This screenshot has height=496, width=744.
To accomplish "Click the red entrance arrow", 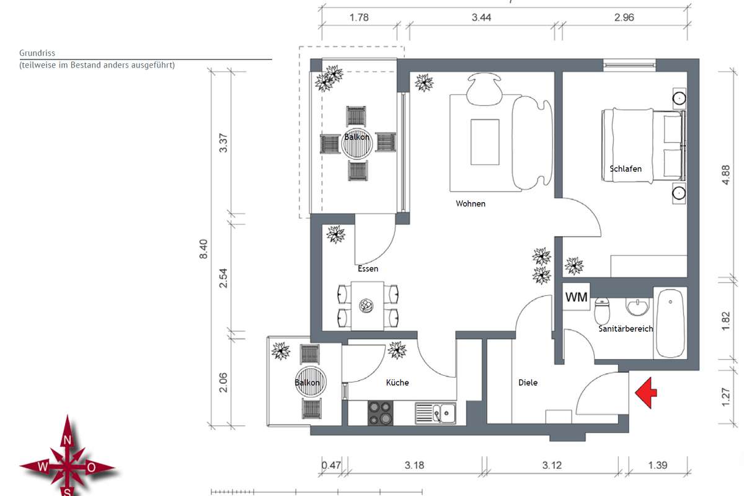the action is [646, 392].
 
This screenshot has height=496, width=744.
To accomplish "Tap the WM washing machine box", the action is [576, 296].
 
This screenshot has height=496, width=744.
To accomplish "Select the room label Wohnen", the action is [471, 203].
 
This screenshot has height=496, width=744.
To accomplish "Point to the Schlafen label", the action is [626, 169].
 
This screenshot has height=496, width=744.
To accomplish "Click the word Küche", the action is [397, 383].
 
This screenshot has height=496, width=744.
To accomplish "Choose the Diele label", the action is [528, 383].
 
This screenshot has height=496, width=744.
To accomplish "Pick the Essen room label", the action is [368, 268].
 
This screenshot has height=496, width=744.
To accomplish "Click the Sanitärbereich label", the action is [626, 329].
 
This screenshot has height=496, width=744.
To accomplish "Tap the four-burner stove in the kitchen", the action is [380, 413].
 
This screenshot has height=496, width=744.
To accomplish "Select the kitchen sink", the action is [435, 414].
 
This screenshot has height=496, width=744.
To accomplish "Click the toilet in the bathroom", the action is [602, 310].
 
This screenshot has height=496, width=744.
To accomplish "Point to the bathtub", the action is [670, 323].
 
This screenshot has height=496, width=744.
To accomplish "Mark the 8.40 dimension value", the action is [203, 249].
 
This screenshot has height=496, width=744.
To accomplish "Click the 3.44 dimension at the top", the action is [481, 17].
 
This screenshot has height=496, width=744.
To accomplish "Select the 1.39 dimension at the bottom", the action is [658, 465].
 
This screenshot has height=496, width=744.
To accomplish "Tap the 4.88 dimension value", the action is [726, 175].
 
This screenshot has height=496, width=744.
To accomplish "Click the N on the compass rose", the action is [67, 440].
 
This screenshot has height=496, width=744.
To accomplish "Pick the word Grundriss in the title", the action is [37, 53].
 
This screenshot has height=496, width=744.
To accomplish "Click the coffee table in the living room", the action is [485, 142].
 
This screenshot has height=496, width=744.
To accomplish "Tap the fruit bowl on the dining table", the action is [366, 306].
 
